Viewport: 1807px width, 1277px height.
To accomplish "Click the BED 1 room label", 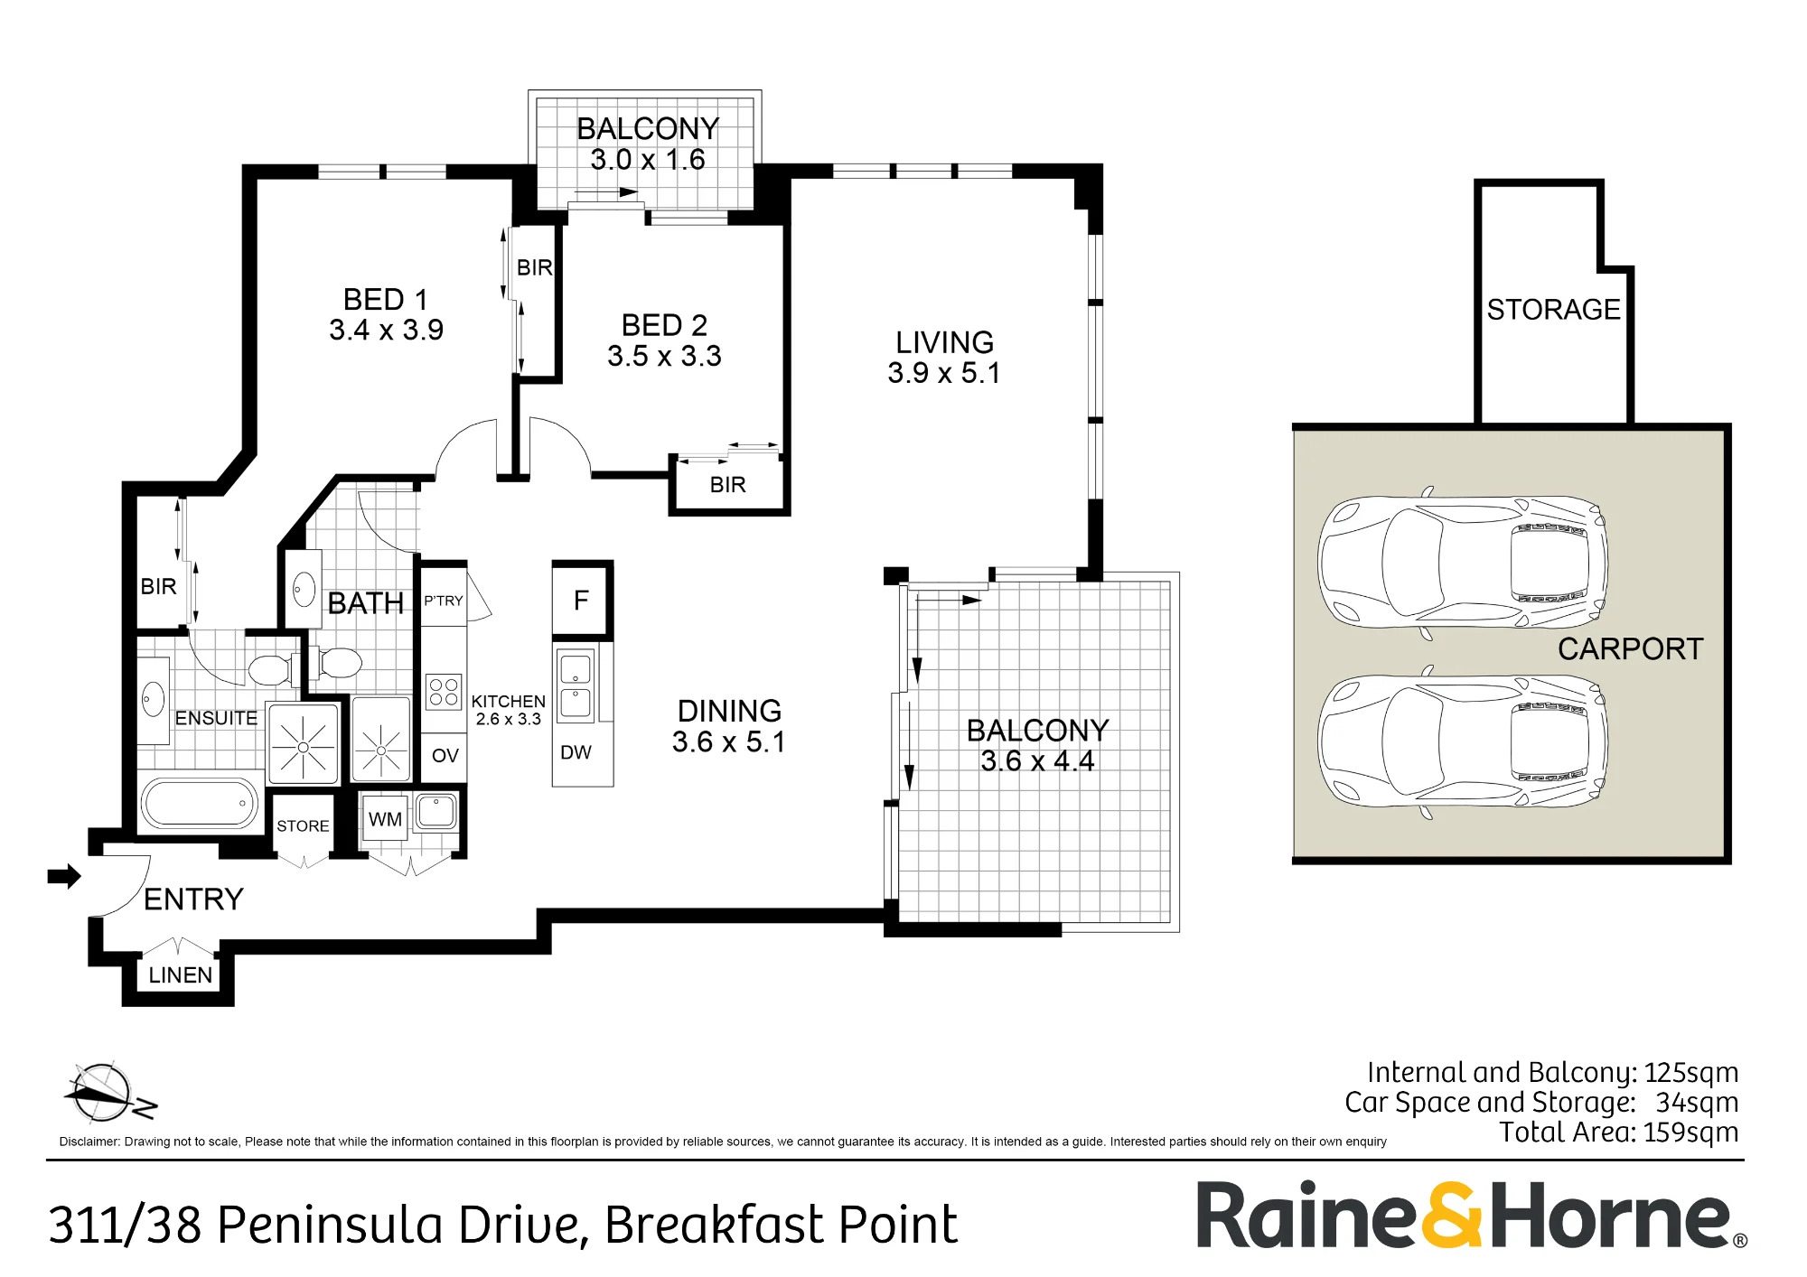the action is [386, 299].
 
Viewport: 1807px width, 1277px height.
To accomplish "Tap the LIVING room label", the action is [944, 342].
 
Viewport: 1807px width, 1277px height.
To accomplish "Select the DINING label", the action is [729, 711].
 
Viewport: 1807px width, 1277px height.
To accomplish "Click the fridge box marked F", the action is [583, 600].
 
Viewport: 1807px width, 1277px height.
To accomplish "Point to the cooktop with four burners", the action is [444, 692].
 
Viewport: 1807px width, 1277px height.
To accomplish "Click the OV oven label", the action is [445, 755].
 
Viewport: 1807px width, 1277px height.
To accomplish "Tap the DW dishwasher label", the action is [576, 752].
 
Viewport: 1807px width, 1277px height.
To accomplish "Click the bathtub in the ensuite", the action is [200, 802].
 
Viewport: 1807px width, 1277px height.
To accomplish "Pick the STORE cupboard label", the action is [303, 825].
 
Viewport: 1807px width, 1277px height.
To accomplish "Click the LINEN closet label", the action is [181, 975].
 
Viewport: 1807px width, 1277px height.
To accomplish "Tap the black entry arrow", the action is [64, 876].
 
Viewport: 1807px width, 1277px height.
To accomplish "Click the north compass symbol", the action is [107, 1092].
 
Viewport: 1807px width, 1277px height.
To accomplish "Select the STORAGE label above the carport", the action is [1553, 310].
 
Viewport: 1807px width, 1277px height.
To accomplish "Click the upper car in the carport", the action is [1462, 563].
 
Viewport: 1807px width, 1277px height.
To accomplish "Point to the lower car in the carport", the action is [1462, 741].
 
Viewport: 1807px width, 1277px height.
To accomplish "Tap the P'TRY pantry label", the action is [444, 601].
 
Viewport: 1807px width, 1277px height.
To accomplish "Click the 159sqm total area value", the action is [1690, 1133].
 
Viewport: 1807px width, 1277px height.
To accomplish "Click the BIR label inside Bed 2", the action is [727, 485].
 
